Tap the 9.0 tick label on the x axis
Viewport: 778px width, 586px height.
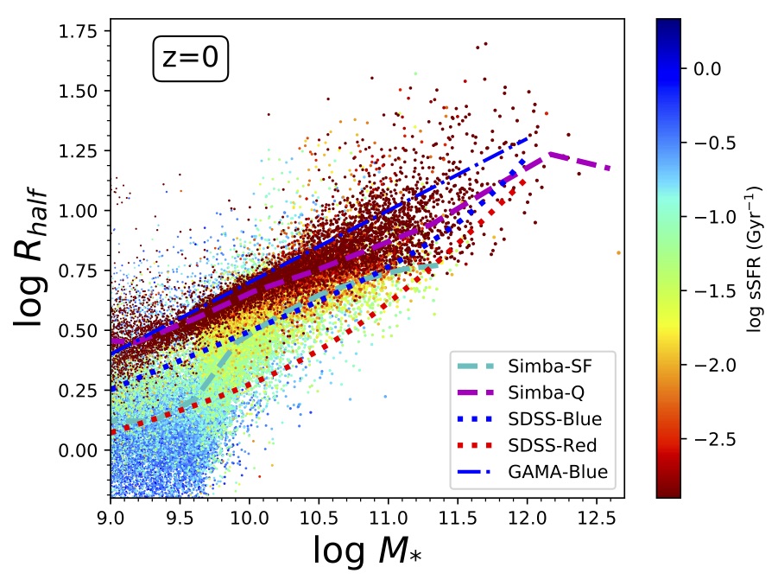pos(111,515)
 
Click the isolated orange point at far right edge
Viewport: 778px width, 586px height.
pos(619,252)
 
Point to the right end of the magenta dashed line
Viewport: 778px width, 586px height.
pos(610,169)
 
